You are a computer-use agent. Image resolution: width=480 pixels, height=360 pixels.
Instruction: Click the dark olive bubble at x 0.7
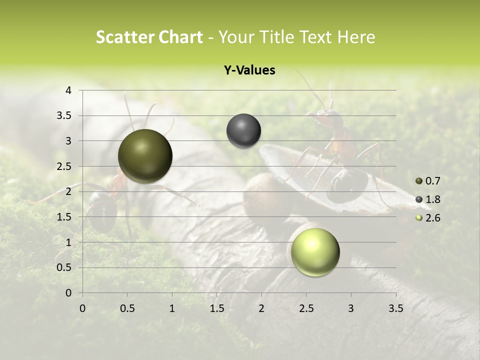click(145, 156)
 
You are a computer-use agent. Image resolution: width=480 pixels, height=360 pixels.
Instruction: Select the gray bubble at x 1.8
click(243, 131)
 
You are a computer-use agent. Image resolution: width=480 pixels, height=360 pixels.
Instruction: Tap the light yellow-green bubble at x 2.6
click(315, 252)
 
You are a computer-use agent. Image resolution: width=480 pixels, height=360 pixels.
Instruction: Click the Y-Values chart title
click(249, 70)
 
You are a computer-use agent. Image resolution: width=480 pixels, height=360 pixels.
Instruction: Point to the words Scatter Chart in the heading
click(149, 37)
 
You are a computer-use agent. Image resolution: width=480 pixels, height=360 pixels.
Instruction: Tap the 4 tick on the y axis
click(68, 90)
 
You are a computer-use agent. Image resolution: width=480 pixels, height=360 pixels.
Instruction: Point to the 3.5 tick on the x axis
click(395, 308)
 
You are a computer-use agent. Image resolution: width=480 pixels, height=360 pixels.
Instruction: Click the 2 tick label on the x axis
click(261, 308)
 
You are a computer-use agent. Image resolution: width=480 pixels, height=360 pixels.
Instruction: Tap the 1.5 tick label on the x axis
click(216, 308)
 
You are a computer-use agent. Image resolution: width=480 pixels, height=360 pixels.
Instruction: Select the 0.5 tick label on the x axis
click(127, 308)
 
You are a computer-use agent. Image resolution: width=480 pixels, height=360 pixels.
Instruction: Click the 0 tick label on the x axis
click(82, 308)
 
